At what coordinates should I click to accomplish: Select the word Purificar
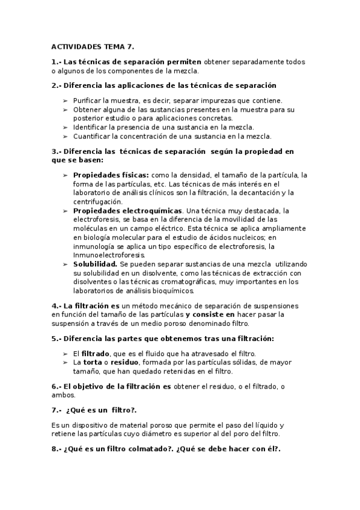pyautogui.click(x=90, y=100)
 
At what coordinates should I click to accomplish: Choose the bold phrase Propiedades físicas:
pyautogui.click(x=111, y=175)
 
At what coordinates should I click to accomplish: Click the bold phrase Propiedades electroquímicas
pyautogui.click(x=127, y=210)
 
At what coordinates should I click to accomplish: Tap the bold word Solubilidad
pyautogui.click(x=95, y=264)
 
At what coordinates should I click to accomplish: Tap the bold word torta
pyautogui.click(x=95, y=363)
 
